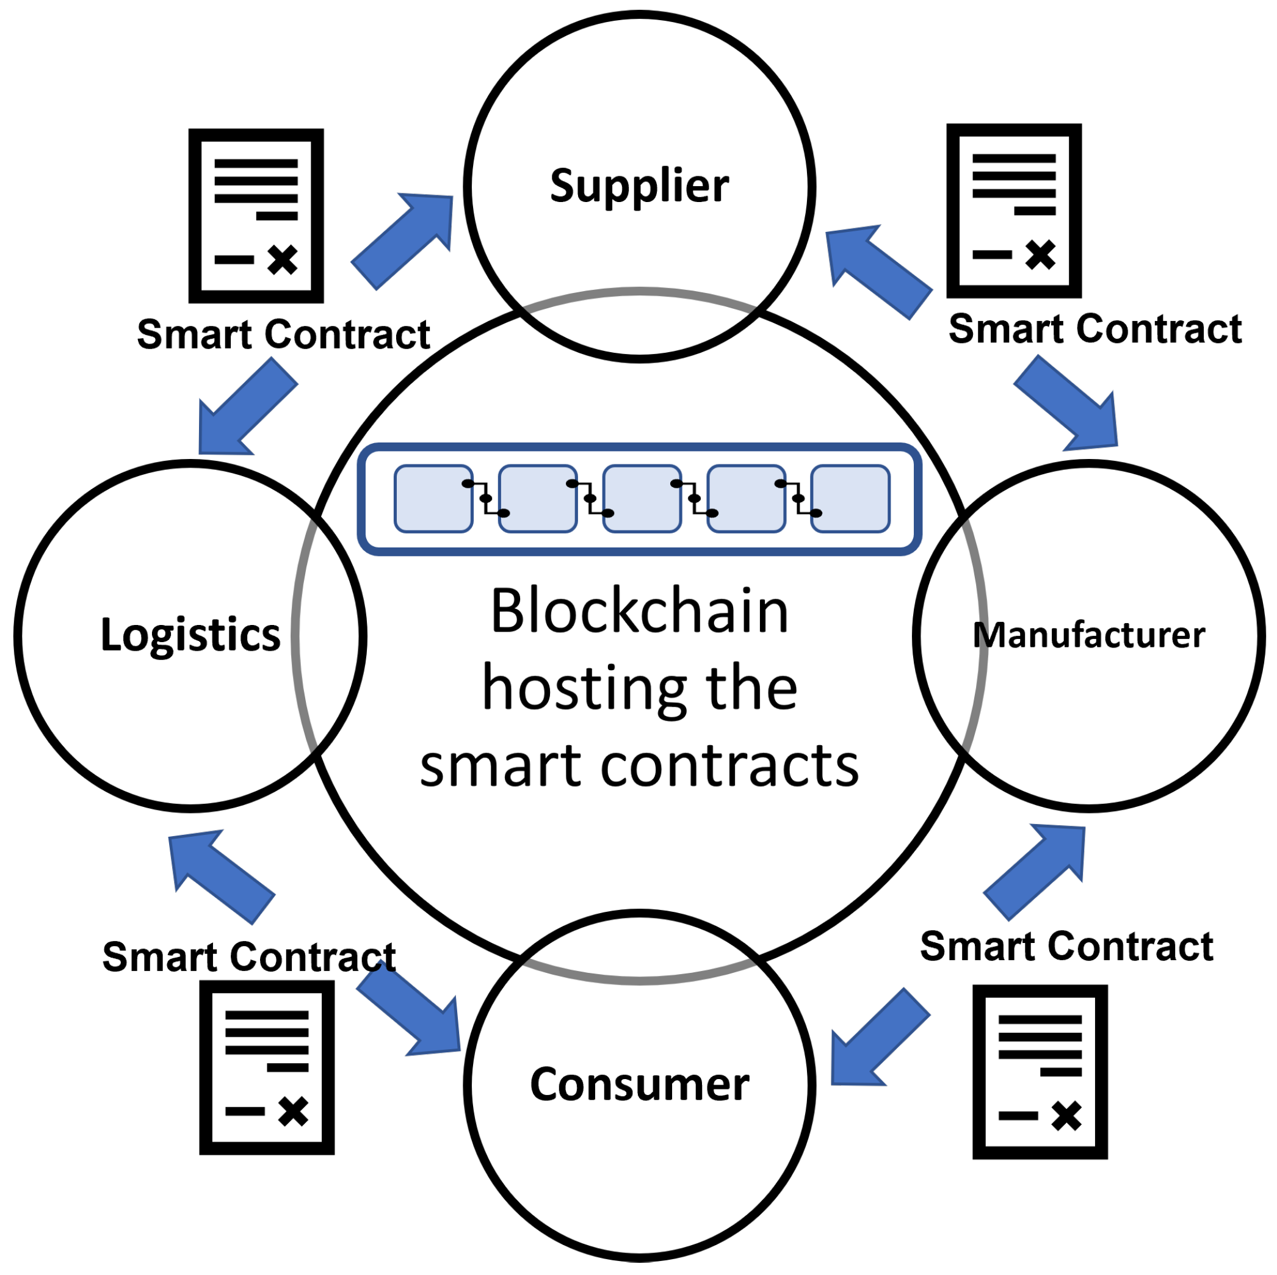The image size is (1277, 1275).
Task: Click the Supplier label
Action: point(639,186)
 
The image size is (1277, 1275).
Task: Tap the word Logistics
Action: point(190,635)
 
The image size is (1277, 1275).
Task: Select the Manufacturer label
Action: point(1088,635)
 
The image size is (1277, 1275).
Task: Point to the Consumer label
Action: point(639,1085)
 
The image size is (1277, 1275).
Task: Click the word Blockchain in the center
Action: point(639,612)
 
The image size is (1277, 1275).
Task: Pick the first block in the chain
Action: point(433,499)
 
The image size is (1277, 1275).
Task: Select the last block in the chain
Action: point(850,499)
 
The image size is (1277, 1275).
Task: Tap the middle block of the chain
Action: point(642,499)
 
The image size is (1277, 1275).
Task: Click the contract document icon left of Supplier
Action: point(256,215)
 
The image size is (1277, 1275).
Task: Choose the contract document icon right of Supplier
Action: point(1014,210)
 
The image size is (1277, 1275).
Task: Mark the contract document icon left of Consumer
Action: point(266,1067)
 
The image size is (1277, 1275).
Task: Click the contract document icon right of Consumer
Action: point(1040,1071)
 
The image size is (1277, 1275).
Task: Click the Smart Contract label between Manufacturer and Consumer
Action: point(1066,946)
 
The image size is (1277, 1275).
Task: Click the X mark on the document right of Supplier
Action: point(1040,255)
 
